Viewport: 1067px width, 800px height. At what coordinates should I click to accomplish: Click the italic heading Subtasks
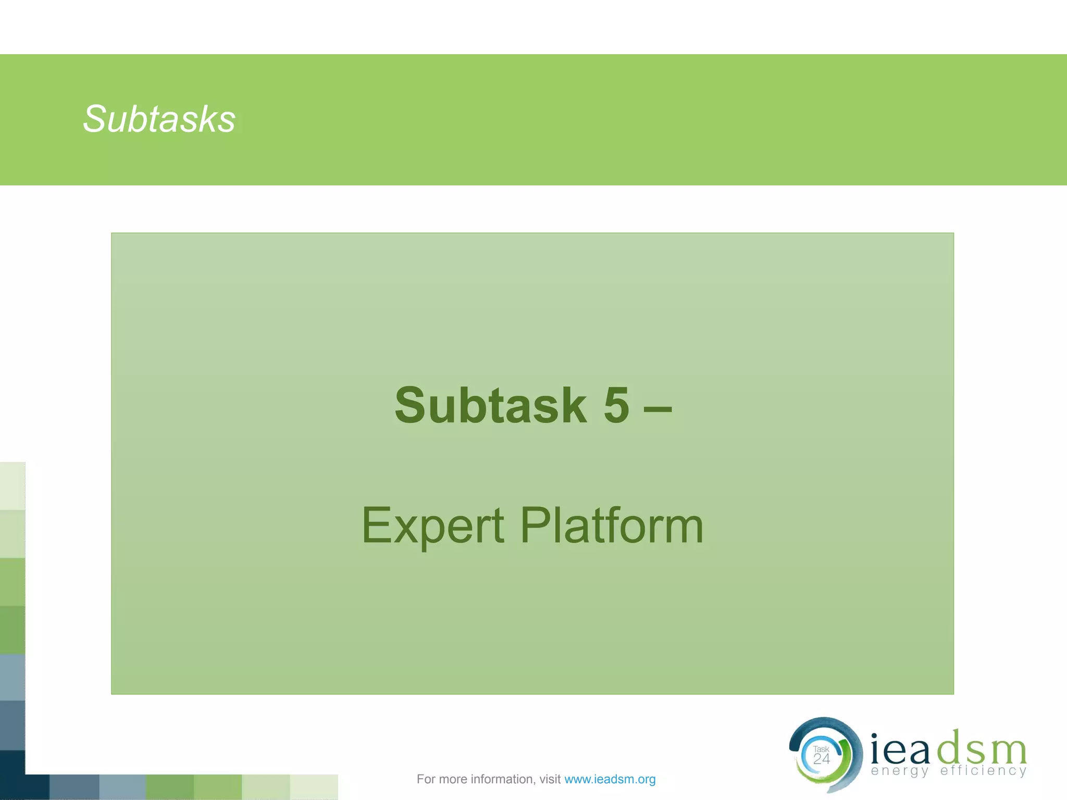point(159,119)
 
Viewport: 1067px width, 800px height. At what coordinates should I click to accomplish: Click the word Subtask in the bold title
point(490,406)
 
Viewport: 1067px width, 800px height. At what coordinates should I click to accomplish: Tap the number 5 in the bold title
point(616,406)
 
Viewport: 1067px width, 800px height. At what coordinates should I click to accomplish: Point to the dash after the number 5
point(657,408)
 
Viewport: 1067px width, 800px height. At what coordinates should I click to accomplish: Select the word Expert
point(432,526)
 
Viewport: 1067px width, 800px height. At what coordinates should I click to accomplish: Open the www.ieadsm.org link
point(610,779)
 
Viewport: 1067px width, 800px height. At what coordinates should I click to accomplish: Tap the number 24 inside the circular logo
point(821,759)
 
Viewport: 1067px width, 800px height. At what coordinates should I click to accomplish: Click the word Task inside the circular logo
point(821,749)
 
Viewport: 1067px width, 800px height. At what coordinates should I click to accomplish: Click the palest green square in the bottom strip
point(314,787)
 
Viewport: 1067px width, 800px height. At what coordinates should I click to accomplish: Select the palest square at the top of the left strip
point(13,485)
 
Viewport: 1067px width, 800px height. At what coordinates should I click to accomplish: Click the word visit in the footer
point(550,779)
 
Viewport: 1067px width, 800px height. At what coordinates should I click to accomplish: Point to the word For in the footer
point(425,779)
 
